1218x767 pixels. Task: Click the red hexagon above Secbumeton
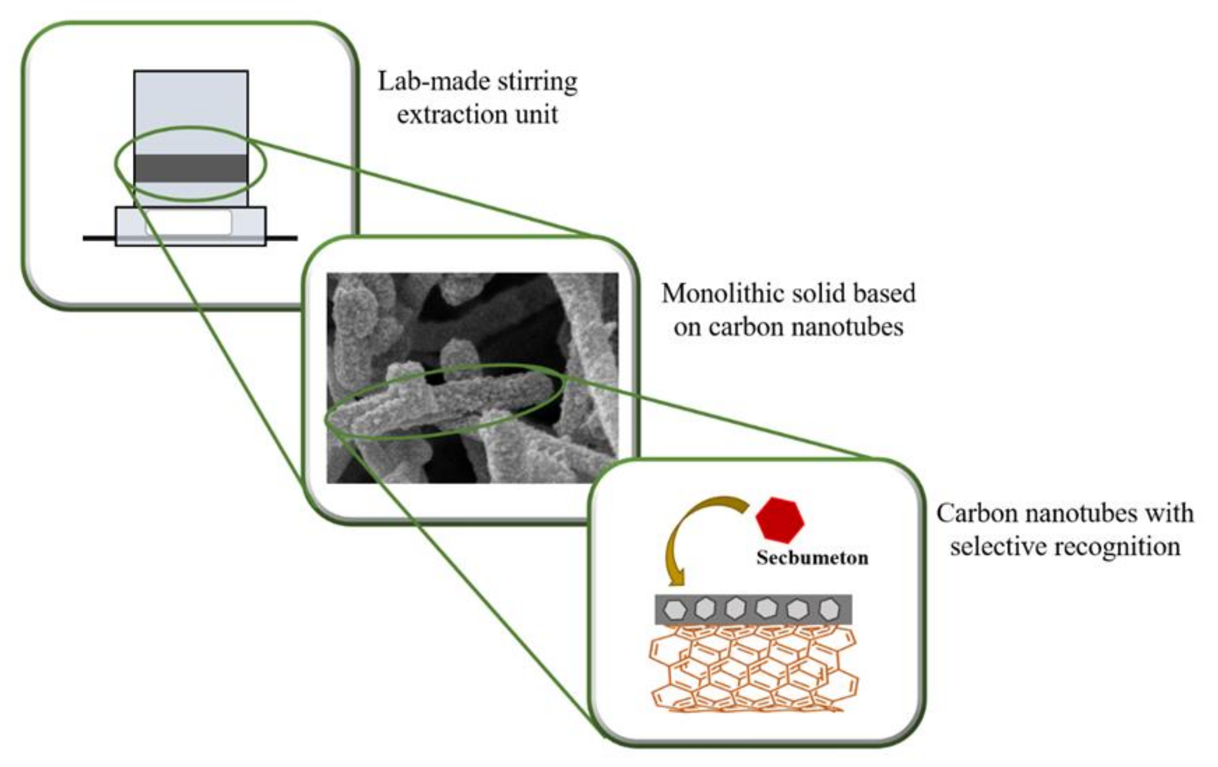779,520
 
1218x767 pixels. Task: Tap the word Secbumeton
812,558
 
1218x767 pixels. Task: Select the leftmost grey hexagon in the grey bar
675,610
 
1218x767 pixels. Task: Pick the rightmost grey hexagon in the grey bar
829,610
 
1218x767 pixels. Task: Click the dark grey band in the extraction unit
191,168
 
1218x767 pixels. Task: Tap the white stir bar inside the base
189,222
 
